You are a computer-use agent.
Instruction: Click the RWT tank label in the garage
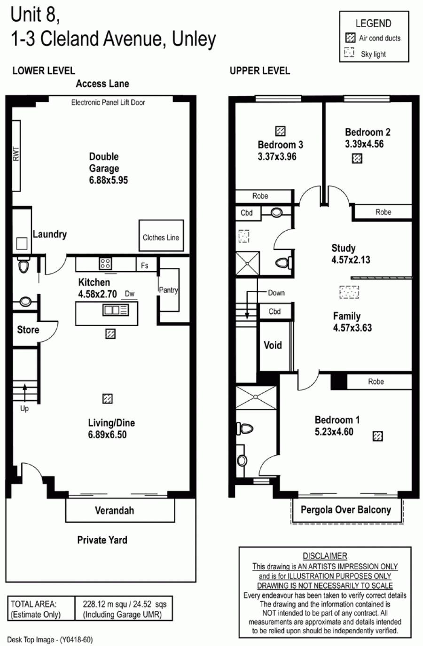click(16, 154)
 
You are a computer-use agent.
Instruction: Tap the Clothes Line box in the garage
click(161, 235)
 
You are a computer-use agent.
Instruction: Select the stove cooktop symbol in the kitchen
click(105, 263)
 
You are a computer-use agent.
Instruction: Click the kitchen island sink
click(116, 310)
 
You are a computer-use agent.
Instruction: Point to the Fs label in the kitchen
click(145, 265)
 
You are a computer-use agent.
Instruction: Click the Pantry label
click(169, 290)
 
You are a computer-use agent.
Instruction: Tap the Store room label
click(28, 329)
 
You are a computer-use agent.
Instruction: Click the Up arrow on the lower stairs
click(25, 393)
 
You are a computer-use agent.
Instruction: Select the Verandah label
click(115, 510)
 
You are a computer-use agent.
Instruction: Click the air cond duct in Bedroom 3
click(280, 131)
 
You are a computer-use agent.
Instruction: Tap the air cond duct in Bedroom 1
click(378, 436)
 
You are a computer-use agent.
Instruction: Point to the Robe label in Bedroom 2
click(383, 212)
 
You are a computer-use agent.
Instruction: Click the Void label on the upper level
click(273, 345)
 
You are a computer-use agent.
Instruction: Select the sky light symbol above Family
click(349, 292)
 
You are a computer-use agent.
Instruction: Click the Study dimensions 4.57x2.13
click(351, 259)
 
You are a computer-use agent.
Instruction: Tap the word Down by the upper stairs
click(276, 293)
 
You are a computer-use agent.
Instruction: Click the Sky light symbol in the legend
click(349, 53)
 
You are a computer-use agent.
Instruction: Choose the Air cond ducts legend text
click(380, 38)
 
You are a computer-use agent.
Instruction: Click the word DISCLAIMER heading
click(325, 556)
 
